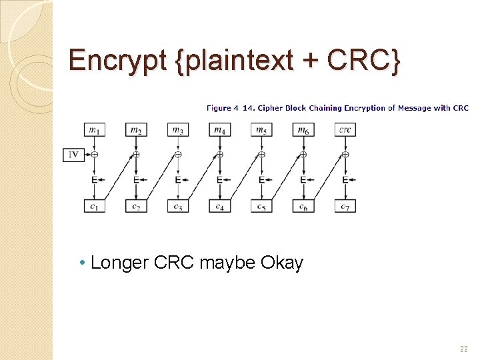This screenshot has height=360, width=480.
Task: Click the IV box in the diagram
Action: tap(73, 155)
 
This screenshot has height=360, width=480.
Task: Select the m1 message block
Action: tap(94, 129)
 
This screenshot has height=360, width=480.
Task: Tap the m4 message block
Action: tap(219, 129)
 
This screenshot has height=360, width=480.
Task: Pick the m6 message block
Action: tap(303, 129)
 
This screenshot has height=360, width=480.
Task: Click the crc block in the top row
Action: tap(345, 129)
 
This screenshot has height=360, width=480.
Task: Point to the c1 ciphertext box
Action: tap(94, 206)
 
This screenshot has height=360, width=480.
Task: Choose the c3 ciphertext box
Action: tap(177, 206)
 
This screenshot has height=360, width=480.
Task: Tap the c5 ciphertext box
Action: tap(261, 206)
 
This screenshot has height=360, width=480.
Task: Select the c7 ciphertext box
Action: tap(345, 206)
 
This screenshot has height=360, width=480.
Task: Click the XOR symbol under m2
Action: tap(136, 155)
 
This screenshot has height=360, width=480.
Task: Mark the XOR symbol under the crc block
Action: tap(345, 155)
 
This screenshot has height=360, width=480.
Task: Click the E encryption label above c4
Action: tap(219, 180)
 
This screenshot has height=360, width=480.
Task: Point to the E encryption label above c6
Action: tap(303, 180)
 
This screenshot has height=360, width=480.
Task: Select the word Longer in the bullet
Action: tap(119, 263)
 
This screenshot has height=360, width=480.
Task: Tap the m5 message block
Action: tap(261, 129)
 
